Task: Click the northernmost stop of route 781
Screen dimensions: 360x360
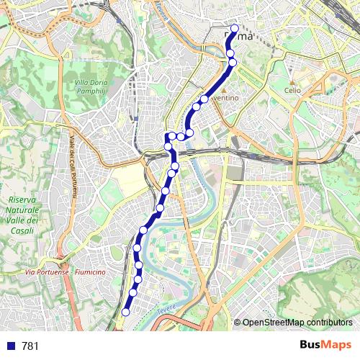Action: tap(234, 29)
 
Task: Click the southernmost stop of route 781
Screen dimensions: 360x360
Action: tap(125, 312)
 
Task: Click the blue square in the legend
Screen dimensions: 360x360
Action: tap(10, 346)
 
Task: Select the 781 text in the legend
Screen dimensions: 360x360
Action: tap(30, 346)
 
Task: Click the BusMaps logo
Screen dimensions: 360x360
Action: tap(326, 346)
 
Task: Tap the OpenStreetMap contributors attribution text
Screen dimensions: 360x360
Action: tap(297, 323)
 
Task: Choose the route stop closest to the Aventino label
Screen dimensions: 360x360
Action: tap(204, 99)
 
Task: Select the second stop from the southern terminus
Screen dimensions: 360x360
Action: tap(132, 293)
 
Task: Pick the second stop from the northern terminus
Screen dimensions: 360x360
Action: tap(230, 53)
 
